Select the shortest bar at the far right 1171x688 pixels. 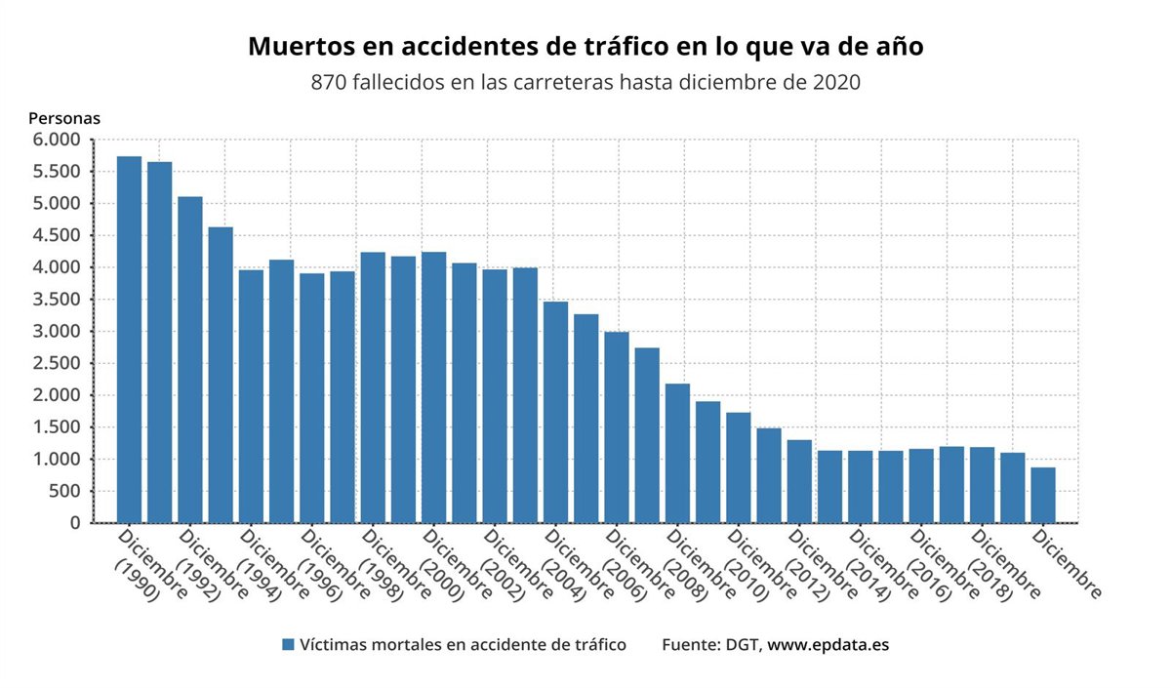1043,495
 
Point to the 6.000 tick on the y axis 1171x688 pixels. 57,140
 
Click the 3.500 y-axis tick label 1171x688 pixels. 57,300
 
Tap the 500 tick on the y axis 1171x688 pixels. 66,491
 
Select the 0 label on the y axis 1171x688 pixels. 74,523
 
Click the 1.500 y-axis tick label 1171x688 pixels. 57,427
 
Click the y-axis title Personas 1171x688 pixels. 64,118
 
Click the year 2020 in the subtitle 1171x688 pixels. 836,83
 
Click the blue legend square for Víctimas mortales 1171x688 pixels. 288,645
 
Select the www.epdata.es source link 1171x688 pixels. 828,645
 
